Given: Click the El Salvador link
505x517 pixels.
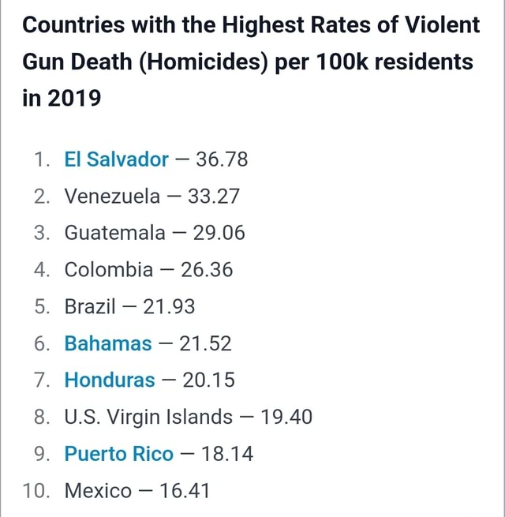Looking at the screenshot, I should coord(116,160).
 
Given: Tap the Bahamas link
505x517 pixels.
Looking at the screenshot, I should coord(108,343).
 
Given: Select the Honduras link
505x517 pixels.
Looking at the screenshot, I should coord(110,380).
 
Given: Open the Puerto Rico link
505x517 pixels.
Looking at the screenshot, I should coord(118,454).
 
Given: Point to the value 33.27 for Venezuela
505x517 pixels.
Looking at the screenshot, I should coord(213,197).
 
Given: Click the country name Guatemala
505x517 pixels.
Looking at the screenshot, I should coord(114,234).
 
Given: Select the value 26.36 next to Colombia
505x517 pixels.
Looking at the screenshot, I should coord(207,270).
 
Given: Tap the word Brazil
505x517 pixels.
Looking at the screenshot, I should coord(90,307).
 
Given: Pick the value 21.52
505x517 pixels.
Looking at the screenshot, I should coord(205,343).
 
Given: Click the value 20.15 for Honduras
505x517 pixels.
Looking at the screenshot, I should coord(208,380).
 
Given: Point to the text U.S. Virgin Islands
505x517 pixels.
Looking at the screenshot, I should coord(148,417).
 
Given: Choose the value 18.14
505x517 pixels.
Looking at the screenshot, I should coord(226,454).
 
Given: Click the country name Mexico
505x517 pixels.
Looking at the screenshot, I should coord(98,491).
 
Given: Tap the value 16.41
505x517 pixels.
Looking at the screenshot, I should coord(184,491).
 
